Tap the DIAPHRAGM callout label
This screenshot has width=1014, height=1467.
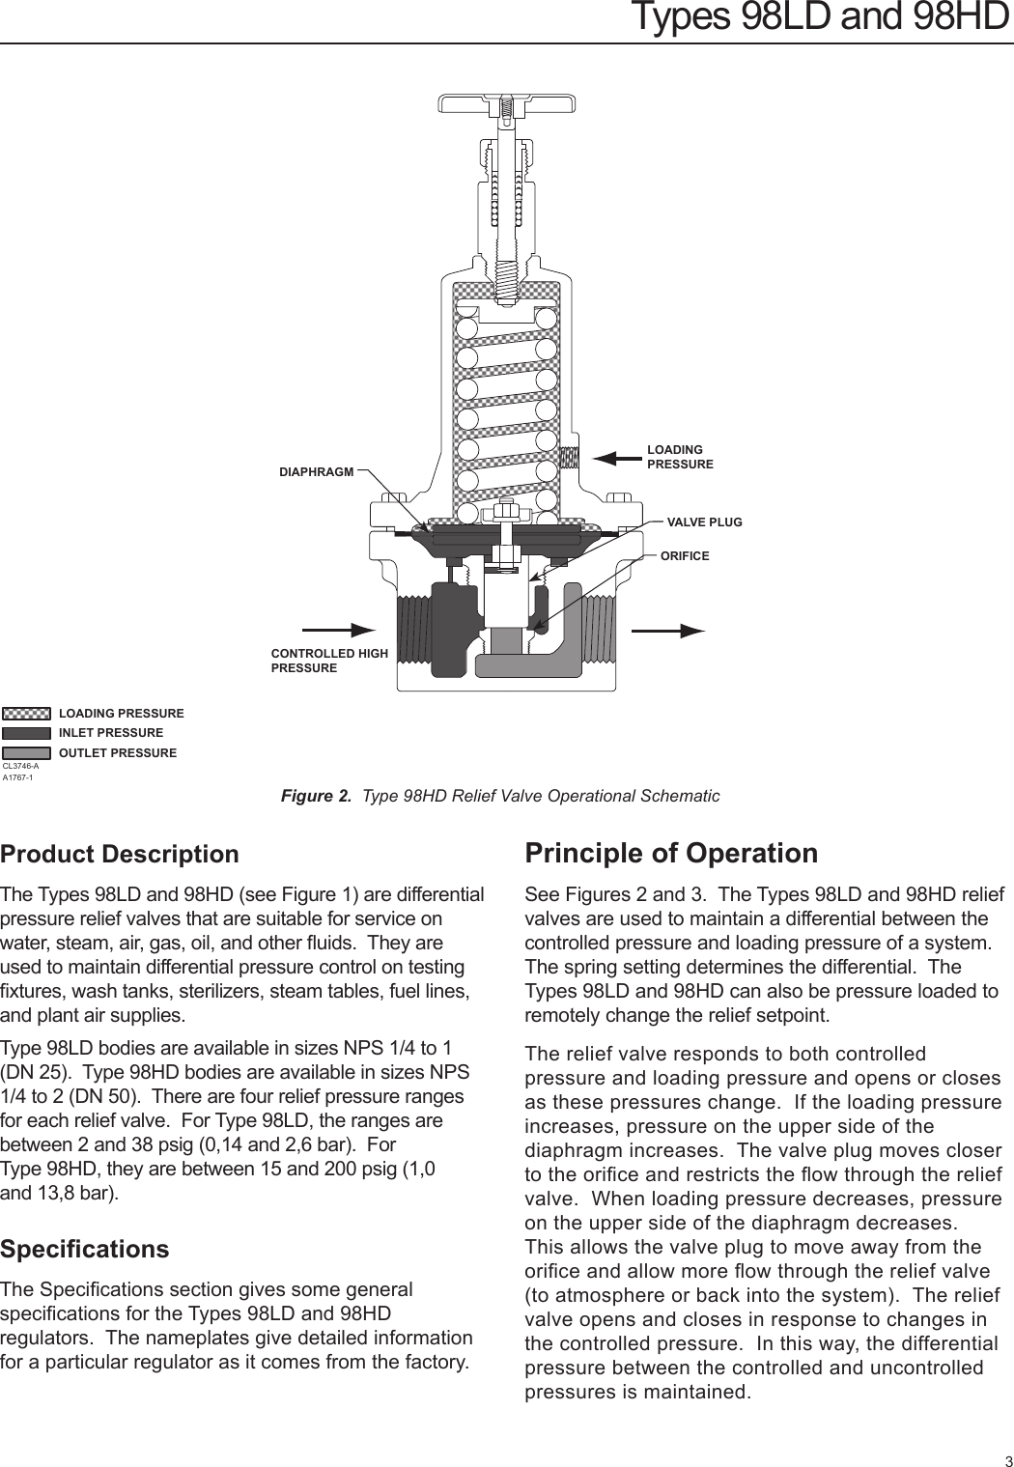click(316, 472)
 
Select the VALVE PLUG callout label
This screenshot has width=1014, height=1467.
click(704, 522)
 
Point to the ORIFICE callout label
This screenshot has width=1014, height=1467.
click(684, 556)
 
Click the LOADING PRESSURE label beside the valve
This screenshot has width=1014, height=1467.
click(680, 457)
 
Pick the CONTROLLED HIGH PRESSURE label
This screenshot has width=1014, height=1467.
click(328, 661)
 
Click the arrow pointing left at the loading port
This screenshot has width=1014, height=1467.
click(616, 458)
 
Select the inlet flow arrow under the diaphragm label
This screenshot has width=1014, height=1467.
click(339, 631)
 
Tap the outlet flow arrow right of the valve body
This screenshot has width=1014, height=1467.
click(668, 631)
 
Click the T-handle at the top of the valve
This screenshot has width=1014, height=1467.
click(506, 103)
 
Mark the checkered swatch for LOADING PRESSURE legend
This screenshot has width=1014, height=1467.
click(26, 714)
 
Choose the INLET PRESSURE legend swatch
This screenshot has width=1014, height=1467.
click(26, 733)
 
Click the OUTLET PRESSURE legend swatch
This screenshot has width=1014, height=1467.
click(26, 753)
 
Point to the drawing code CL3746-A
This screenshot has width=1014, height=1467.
click(20, 766)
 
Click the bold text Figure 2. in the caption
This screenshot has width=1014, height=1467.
click(316, 796)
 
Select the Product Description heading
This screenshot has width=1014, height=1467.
click(120, 854)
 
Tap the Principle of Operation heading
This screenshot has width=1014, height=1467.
click(671, 853)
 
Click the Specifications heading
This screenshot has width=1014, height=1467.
click(85, 1249)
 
